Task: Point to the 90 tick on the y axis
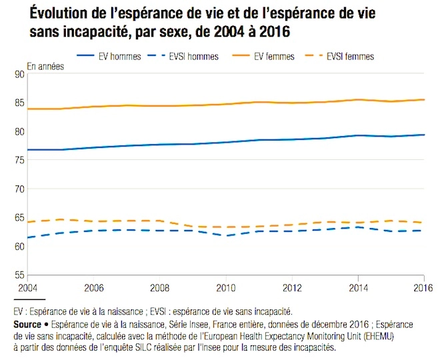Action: [18, 75]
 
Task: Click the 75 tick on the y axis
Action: [18, 161]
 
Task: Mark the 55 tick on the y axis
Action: [18, 275]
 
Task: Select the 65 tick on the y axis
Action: [18, 218]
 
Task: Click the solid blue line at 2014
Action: [359, 135]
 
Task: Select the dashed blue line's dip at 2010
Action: [225, 235]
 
